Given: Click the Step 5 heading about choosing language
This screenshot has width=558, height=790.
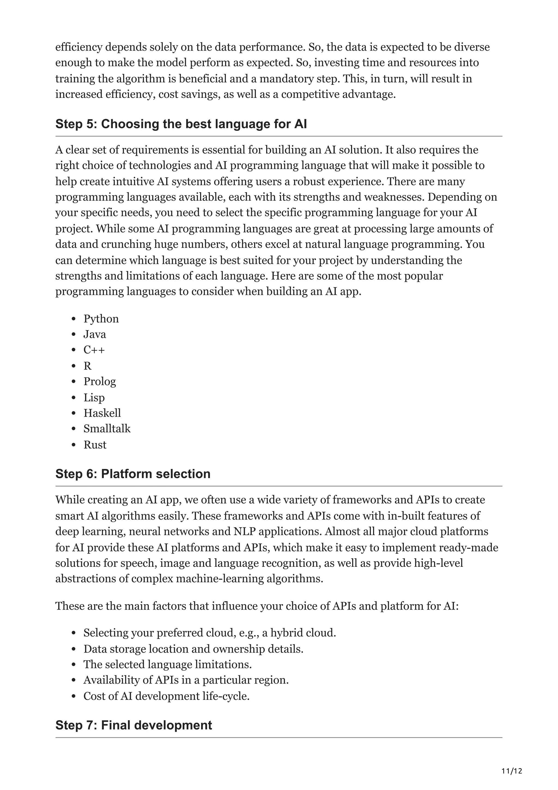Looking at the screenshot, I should pos(181,124).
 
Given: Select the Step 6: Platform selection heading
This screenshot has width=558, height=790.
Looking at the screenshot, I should pos(133,474).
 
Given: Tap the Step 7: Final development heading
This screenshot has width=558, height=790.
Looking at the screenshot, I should pos(134,725).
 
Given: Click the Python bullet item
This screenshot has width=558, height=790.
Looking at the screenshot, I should pos(101,319).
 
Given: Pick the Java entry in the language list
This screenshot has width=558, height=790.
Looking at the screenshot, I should pos(95,334).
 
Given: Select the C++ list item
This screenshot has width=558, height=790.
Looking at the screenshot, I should pos(94,350).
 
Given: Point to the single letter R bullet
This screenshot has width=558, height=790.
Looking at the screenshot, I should pos(87,366).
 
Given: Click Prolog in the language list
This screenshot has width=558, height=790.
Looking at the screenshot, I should pos(100,382).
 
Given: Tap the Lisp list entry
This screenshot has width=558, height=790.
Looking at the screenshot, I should pos(94,397).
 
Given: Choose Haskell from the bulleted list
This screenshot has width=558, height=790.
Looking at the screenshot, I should pos(102,413).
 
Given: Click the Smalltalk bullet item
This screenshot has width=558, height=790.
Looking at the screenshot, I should pos(107,429).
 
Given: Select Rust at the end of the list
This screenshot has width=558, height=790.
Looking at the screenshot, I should pos(95,445).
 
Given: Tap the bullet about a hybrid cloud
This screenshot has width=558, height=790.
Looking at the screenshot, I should pos(209,633).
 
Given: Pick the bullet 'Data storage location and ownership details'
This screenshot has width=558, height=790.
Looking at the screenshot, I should pos(193,649).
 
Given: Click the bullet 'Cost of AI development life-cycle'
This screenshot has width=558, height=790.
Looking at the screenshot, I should pos(166,696).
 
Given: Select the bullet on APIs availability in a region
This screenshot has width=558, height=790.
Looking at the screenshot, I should pos(186,680).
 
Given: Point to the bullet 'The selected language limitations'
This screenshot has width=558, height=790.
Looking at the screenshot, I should pos(168,664).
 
